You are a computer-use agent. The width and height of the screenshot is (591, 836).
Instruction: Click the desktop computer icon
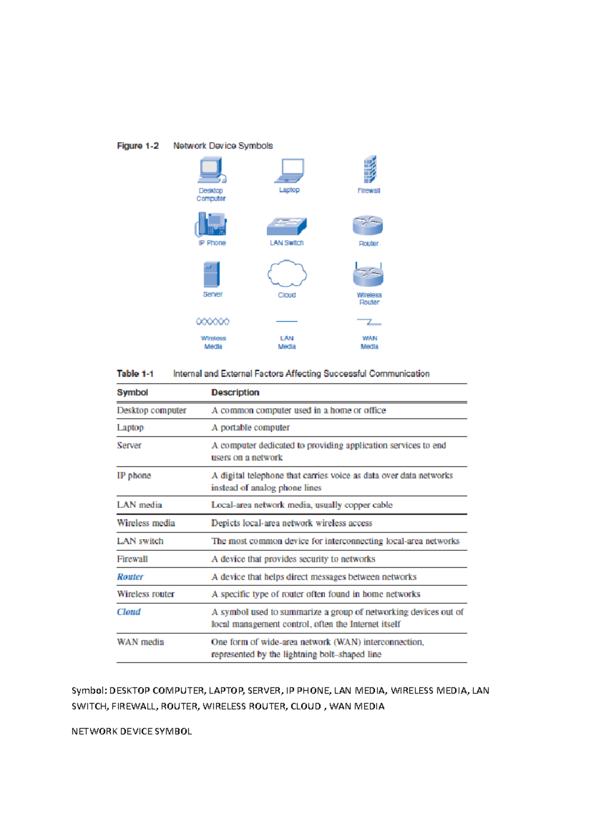coord(212,170)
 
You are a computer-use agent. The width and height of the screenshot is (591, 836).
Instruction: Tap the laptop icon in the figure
coord(290,170)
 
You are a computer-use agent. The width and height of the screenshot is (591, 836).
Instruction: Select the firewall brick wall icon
coord(369,169)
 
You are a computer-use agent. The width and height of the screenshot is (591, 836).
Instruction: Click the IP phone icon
coord(211,225)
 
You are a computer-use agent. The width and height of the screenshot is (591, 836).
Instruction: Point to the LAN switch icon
coord(287,226)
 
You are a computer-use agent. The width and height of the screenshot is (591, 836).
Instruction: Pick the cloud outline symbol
coord(287,274)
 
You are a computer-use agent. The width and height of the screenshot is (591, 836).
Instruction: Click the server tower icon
coord(212,274)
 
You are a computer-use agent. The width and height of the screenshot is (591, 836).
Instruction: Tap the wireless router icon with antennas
coord(368,275)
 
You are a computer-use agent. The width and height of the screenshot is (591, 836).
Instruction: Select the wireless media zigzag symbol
coord(213,322)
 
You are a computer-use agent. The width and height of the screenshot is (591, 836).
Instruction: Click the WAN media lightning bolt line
coord(369,322)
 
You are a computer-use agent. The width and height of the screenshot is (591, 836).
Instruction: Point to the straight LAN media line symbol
coord(287,322)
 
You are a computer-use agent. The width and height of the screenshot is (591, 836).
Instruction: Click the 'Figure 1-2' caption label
coord(138,146)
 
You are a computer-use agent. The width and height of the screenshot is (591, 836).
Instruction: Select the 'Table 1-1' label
coord(135,374)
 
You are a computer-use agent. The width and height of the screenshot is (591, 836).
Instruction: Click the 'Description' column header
coord(235,392)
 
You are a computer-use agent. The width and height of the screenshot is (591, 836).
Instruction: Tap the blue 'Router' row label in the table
coord(130,577)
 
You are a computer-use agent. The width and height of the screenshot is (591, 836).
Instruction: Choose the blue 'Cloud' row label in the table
coord(129,611)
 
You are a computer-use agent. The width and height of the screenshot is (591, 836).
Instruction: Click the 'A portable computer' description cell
coord(250,427)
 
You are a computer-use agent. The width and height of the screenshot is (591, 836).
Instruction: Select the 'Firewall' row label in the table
coord(132,559)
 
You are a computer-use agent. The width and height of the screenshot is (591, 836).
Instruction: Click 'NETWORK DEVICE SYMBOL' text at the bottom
coord(131,731)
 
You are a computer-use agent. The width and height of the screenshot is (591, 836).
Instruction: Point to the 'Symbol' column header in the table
coord(132,392)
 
